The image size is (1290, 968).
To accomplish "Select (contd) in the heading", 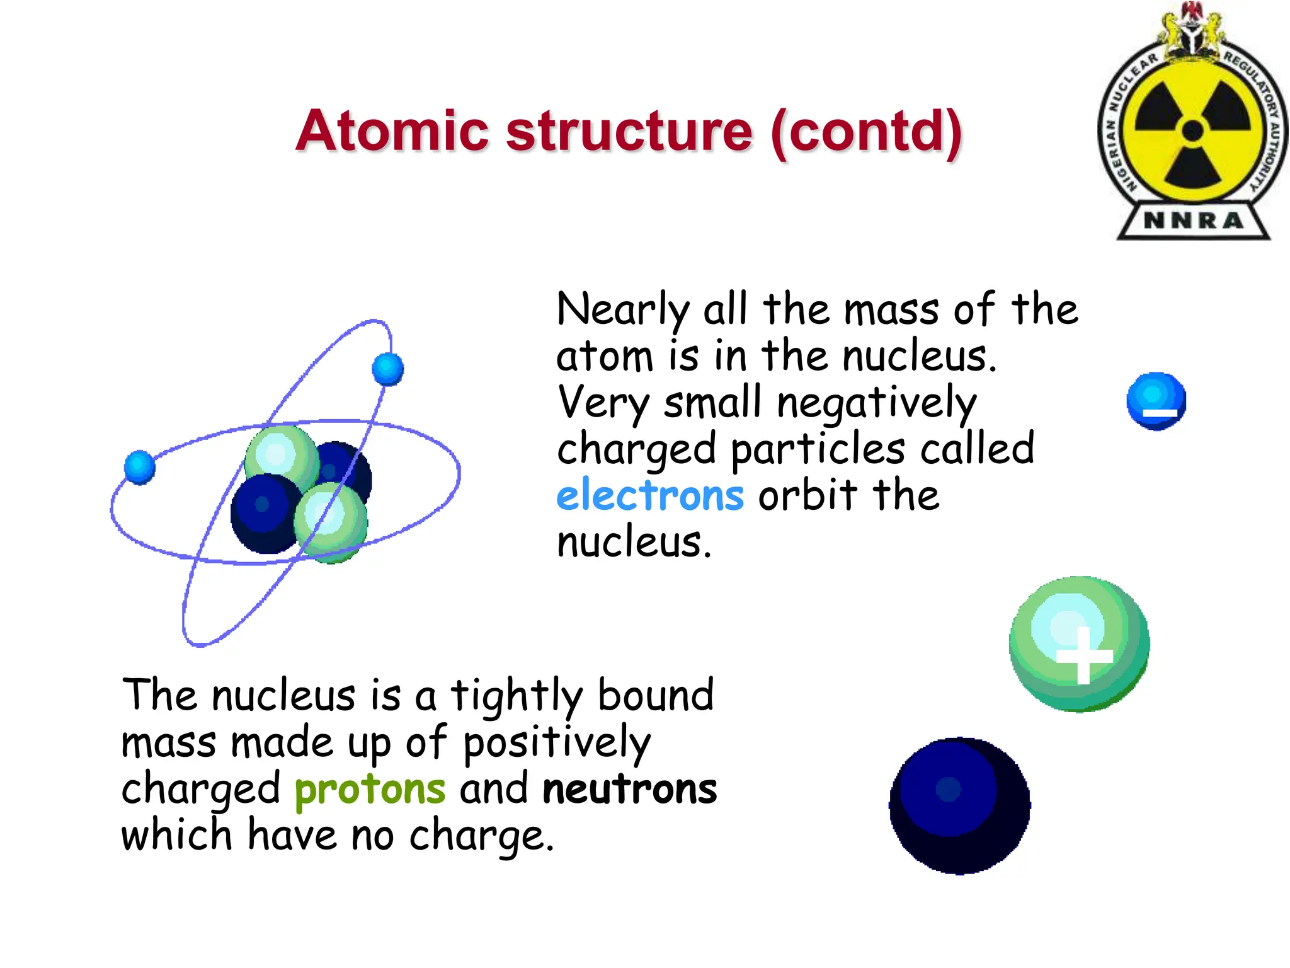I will [x=866, y=132].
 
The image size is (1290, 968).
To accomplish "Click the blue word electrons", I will [x=650, y=495].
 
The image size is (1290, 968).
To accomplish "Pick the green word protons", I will [x=370, y=789].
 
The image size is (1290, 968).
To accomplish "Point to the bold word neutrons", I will [x=629, y=789].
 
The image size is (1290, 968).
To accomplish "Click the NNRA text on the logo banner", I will [x=1193, y=221].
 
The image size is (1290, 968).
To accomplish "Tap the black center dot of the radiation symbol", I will [x=1192, y=131].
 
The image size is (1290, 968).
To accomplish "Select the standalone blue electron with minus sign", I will [x=1156, y=401].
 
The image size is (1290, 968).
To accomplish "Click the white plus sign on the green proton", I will [x=1083, y=655].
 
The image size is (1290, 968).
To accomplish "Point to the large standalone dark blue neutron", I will [x=959, y=805].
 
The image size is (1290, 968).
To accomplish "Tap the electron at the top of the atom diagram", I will [x=387, y=369].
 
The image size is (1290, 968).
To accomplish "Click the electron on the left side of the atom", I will [x=139, y=467].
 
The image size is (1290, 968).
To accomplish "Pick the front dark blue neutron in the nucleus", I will [x=265, y=512].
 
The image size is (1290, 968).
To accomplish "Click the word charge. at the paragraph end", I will [x=481, y=837].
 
